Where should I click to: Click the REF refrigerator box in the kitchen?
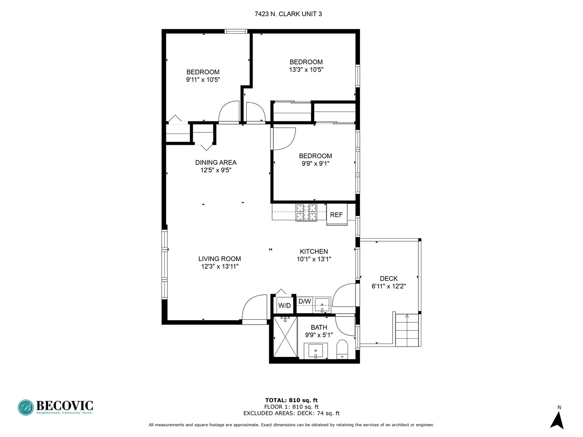(x=336, y=214)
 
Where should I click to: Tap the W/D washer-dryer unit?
(x=285, y=305)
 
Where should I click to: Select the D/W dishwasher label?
(x=304, y=301)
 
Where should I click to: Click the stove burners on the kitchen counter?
(x=306, y=212)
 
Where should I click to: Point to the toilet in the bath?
(x=342, y=349)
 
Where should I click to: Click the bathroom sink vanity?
(x=315, y=351)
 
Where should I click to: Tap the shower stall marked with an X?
(x=285, y=336)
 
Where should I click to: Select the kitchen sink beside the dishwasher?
(x=322, y=305)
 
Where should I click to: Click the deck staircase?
(x=407, y=330)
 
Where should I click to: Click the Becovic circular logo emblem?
(x=26, y=407)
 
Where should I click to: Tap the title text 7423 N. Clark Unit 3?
(x=288, y=14)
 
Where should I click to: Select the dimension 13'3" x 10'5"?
(x=306, y=70)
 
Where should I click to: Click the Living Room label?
(x=220, y=259)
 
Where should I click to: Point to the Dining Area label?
(x=216, y=162)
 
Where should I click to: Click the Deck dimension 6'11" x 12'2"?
(x=389, y=286)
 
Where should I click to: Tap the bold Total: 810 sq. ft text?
(x=291, y=400)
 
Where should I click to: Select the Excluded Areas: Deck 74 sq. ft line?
(x=291, y=413)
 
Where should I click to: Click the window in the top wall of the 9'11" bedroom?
(x=236, y=31)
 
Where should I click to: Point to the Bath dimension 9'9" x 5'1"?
(x=319, y=335)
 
